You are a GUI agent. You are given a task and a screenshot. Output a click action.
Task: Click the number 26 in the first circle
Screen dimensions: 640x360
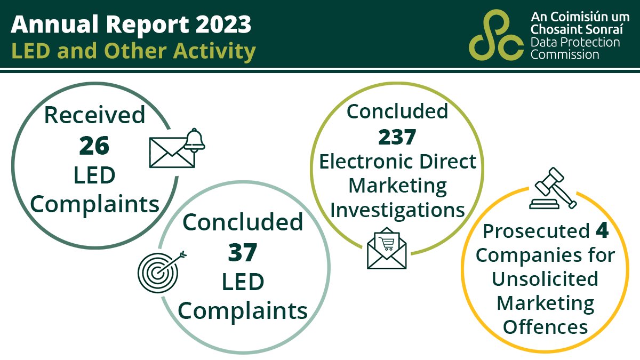[94, 146]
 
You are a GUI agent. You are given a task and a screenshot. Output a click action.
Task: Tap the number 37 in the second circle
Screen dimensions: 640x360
[243, 252]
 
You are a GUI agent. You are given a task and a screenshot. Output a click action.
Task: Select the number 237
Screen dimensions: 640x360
[397, 137]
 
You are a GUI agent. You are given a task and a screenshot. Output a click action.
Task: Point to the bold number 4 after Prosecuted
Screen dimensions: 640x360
[601, 231]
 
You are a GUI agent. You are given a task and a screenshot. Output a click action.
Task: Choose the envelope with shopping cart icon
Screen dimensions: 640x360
[387, 249]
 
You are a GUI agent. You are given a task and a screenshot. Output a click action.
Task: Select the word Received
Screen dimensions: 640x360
[94, 115]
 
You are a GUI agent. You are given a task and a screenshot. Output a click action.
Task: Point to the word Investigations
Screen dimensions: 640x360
[397, 210]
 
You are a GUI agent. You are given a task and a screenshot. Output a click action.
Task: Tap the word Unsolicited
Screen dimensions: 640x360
[545, 279]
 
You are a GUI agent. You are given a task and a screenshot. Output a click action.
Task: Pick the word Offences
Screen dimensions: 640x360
[546, 326]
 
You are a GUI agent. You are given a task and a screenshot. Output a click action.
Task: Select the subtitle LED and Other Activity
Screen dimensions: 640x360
[133, 51]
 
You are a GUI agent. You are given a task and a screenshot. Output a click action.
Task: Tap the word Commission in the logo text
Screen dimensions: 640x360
[565, 54]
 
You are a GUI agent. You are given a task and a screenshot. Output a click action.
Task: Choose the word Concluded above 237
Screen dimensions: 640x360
[397, 111]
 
